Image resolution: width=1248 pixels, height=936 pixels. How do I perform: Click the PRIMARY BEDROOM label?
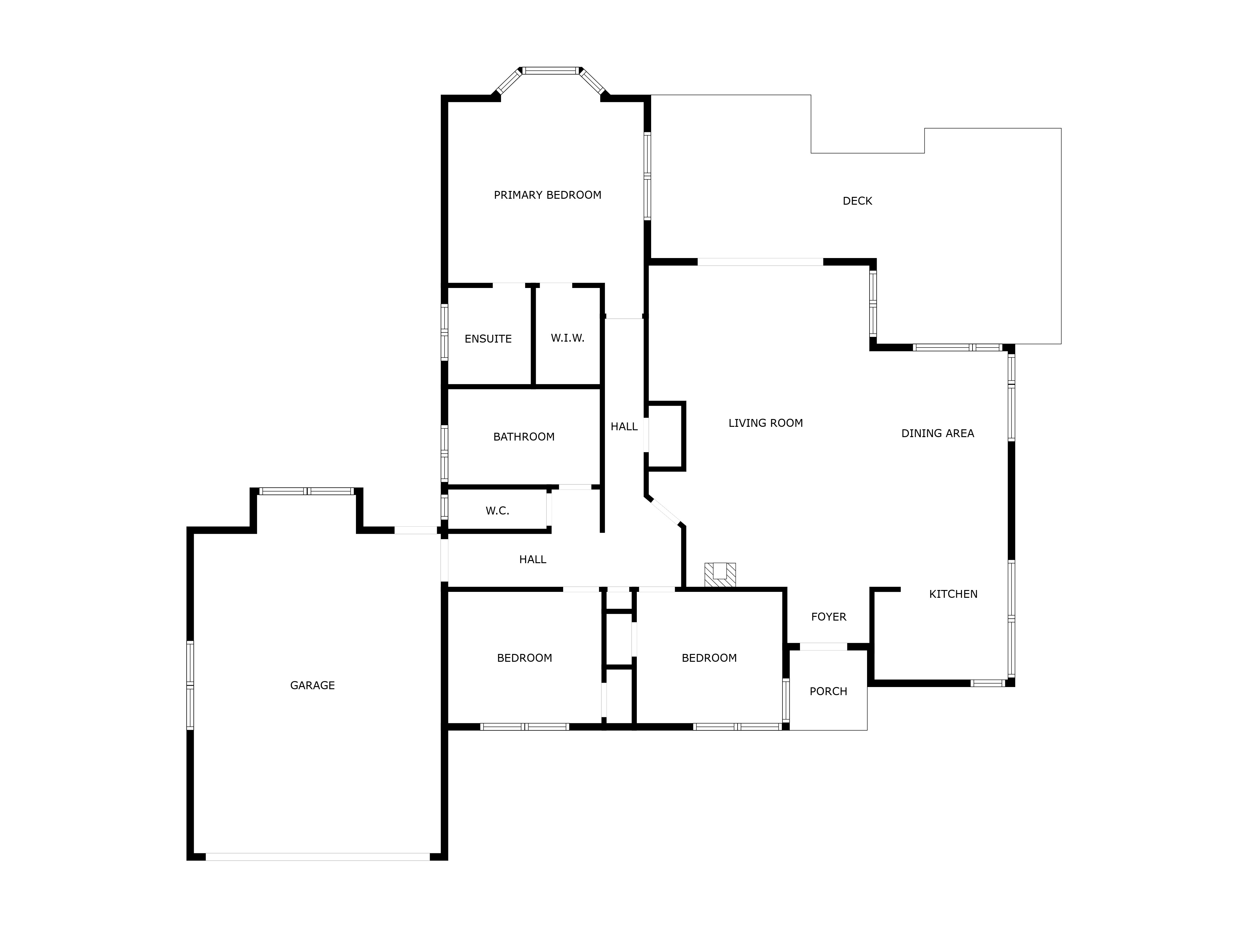pyautogui.click(x=547, y=195)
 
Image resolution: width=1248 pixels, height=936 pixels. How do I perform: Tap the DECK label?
pyautogui.click(x=857, y=201)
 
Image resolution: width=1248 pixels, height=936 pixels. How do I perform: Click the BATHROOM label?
pyautogui.click(x=524, y=437)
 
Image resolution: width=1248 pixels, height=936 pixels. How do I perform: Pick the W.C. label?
pyautogui.click(x=497, y=511)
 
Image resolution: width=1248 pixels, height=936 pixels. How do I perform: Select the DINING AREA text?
pyautogui.click(x=938, y=433)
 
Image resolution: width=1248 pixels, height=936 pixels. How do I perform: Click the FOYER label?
pyautogui.click(x=829, y=617)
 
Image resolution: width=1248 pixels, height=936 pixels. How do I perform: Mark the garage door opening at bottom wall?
pyautogui.click(x=318, y=856)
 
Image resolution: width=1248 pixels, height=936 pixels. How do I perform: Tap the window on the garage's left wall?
pyautogui.click(x=190, y=685)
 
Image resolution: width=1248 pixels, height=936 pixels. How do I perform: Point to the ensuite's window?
pyautogui.click(x=444, y=332)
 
